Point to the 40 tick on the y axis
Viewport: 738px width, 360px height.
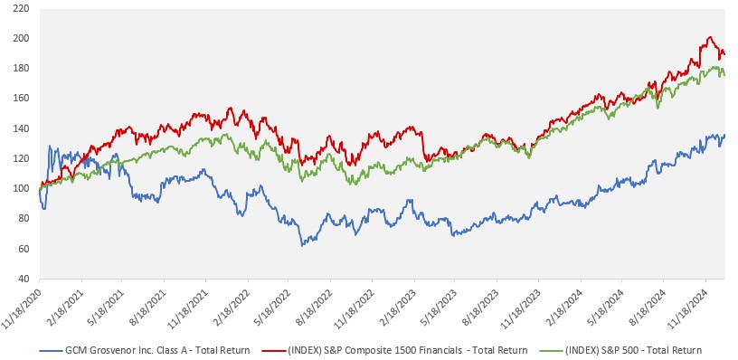point(24,279)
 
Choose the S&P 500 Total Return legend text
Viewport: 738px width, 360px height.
point(633,349)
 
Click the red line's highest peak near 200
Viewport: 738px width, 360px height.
point(710,37)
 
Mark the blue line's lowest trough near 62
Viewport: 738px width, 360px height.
point(302,245)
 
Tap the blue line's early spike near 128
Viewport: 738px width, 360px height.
point(50,147)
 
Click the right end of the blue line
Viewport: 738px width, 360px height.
point(724,135)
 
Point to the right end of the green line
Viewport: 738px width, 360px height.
point(724,75)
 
